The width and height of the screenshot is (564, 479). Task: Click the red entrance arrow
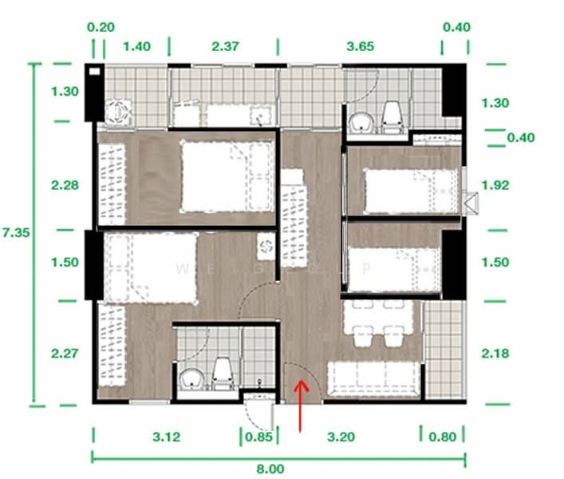(300, 406)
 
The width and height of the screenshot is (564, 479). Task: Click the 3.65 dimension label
(360, 47)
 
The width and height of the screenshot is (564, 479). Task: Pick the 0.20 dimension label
(101, 26)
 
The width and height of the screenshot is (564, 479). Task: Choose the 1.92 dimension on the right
(496, 185)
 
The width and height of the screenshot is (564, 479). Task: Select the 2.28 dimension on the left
(64, 185)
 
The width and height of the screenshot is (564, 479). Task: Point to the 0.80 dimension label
(444, 437)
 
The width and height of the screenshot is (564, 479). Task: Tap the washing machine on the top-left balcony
(118, 111)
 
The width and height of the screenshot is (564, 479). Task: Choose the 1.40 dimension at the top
(137, 47)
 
